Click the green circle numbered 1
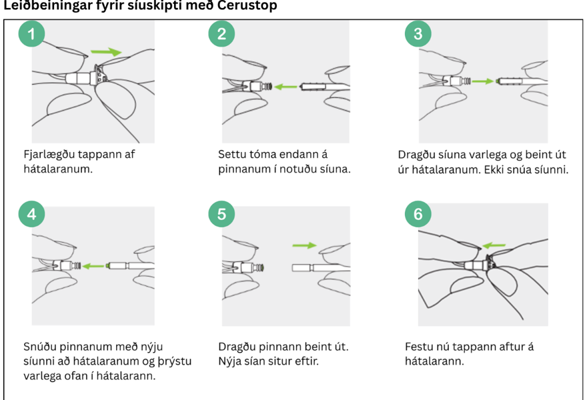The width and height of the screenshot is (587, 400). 32,34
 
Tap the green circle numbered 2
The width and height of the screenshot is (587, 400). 221,34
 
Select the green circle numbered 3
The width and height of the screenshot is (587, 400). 418,34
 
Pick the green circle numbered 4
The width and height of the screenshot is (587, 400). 32,214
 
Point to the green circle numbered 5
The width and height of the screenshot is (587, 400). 221,214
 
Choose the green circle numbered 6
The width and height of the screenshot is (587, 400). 418,214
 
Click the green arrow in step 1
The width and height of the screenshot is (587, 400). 106,51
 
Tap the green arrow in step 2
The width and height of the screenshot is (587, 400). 285,87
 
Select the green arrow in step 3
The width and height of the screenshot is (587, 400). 483,81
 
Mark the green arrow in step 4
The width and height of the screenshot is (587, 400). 93,266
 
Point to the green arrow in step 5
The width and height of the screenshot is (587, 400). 304,245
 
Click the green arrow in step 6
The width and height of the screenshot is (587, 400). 494,245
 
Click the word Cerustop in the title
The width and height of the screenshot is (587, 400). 247,5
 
